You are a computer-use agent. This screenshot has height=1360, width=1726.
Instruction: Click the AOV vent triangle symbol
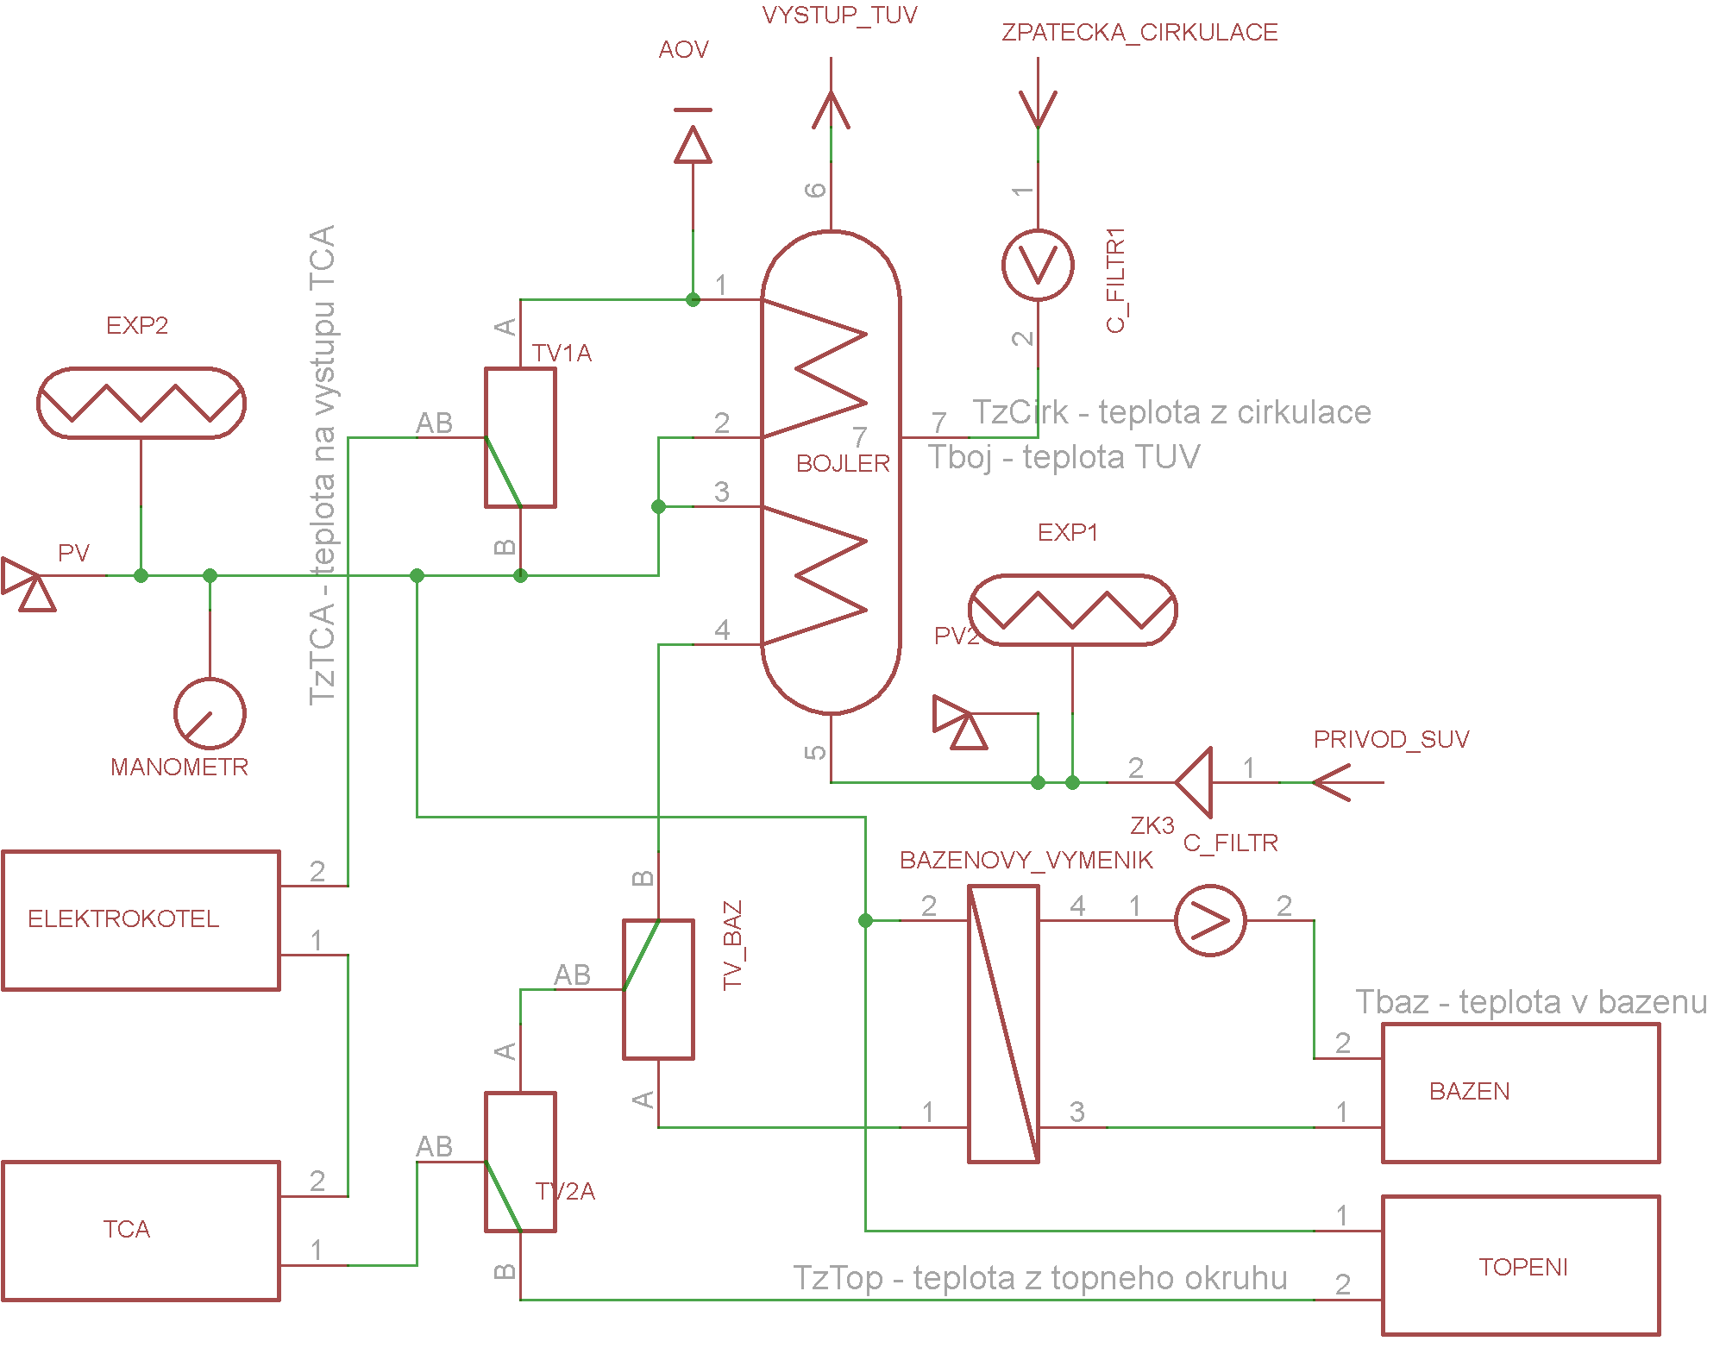pos(693,145)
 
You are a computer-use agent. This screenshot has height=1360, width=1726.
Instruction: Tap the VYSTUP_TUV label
pos(839,15)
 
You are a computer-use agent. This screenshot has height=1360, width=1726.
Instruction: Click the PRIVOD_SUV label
pos(1390,739)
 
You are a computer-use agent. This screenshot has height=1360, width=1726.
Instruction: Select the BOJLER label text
pos(843,463)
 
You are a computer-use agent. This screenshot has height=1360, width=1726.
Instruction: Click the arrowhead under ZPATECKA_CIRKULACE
pos(1038,110)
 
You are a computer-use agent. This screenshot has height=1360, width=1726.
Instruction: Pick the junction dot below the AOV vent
pos(693,299)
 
